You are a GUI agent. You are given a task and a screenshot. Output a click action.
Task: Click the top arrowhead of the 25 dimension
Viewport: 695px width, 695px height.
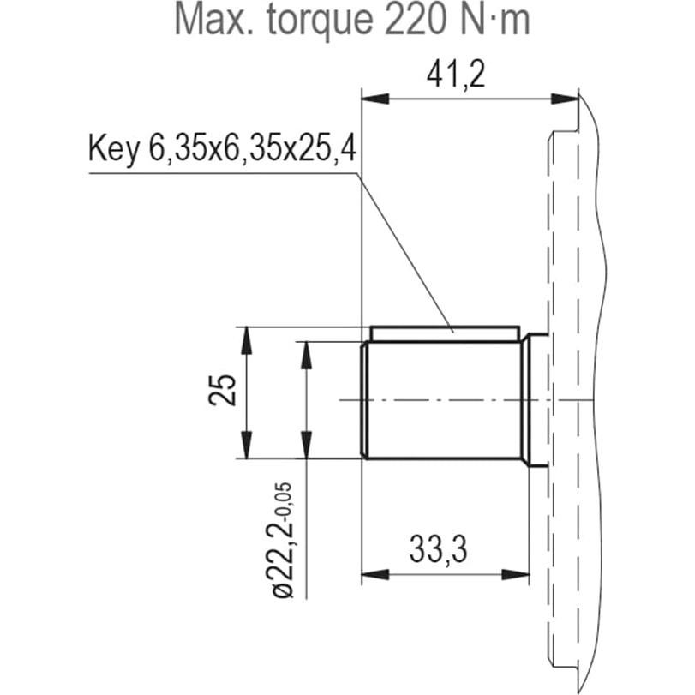point(247,337)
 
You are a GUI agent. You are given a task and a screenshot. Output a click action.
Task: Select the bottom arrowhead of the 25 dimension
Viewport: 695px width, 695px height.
point(247,447)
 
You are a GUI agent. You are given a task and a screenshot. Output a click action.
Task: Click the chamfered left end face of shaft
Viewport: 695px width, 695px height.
point(366,399)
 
